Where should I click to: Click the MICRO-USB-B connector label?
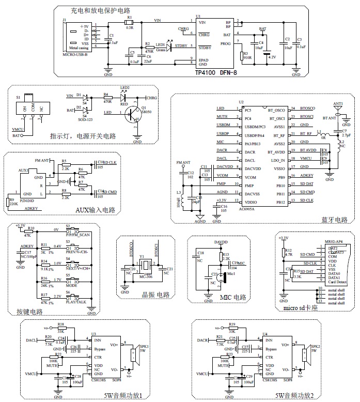coord(75,54)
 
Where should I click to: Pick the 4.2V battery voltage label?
coord(272,57)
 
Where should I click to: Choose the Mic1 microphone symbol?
coord(224,277)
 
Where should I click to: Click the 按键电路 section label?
coord(29,312)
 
